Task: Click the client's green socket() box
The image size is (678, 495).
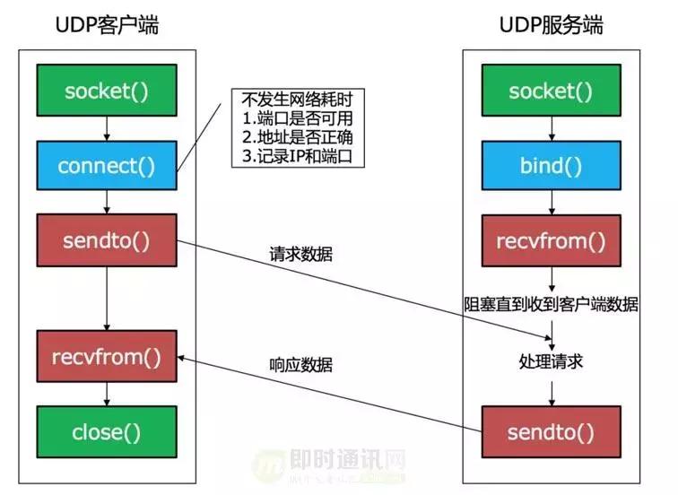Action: tap(107, 91)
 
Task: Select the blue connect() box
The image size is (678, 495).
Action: tap(107, 166)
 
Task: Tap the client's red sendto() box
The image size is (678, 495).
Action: tap(107, 239)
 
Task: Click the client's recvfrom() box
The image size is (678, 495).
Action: tap(107, 357)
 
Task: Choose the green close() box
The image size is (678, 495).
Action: tap(107, 432)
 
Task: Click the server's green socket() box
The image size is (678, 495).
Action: tap(551, 91)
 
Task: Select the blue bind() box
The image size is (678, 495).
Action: tap(551, 166)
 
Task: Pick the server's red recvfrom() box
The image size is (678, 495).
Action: tap(551, 239)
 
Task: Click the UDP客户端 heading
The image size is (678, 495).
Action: tap(107, 24)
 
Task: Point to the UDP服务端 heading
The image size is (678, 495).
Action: tap(551, 24)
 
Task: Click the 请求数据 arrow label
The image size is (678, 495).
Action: tap(300, 255)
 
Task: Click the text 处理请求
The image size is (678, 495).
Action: tap(551, 361)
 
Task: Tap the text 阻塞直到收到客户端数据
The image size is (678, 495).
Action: tap(551, 305)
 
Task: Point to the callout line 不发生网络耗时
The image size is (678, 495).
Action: tap(292, 98)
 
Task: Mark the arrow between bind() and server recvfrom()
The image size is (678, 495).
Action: tap(551, 202)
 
